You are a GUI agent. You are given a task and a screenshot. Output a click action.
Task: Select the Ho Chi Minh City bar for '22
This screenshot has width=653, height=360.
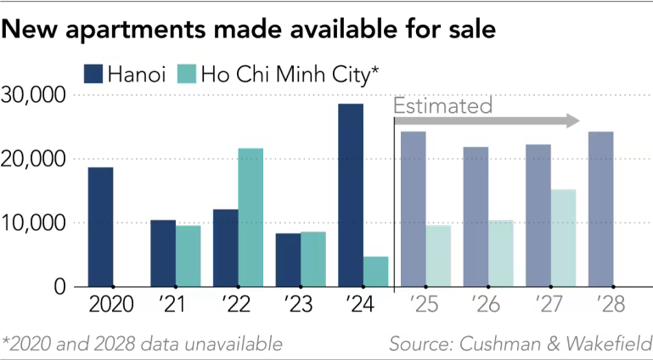[x=251, y=217]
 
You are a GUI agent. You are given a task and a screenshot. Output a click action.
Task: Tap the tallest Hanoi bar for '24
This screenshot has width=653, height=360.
[x=351, y=195]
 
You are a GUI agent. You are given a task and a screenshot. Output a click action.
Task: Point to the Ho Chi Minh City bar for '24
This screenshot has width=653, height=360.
[x=375, y=272]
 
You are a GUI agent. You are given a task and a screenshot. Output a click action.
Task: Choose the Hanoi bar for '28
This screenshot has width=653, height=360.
[x=600, y=209]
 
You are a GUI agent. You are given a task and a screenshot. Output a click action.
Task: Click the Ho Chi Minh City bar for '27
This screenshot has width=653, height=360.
[x=563, y=238]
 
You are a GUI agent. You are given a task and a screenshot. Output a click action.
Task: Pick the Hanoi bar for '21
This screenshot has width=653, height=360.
[x=163, y=253]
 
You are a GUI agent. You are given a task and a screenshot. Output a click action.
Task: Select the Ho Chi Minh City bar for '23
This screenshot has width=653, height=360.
[x=313, y=259]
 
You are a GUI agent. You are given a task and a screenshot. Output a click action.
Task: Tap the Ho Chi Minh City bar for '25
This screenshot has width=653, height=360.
[x=438, y=256]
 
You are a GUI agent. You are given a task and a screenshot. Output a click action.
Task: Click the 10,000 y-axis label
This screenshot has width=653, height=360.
[x=36, y=223]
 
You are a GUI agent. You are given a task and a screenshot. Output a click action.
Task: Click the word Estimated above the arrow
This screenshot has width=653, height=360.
[x=442, y=106]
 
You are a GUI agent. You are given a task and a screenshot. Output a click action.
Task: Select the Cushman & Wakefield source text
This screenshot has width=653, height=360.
[x=520, y=344]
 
